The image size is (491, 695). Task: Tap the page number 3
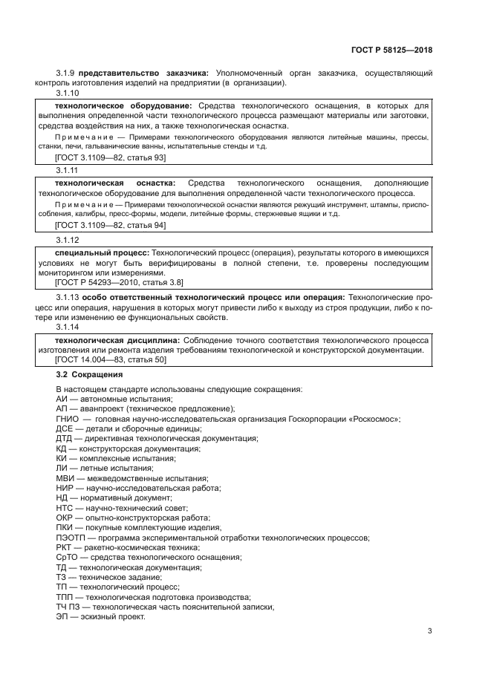point(430,631)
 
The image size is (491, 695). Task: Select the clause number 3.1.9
point(67,73)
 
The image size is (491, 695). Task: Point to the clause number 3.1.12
point(69,240)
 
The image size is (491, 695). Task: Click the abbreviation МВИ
point(65,478)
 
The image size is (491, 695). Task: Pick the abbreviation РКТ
point(65,547)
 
